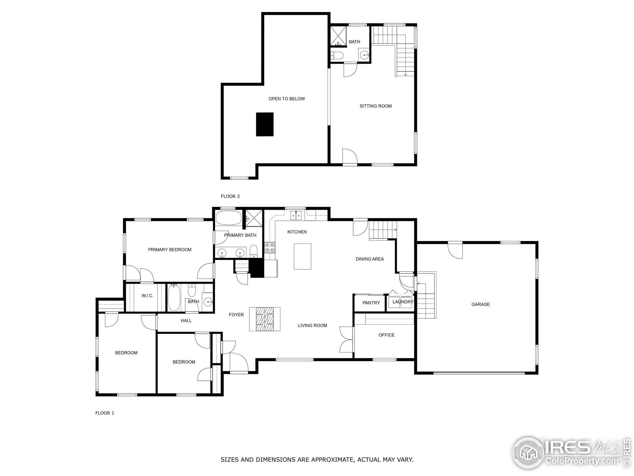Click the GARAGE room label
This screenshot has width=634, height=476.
pyautogui.click(x=480, y=304)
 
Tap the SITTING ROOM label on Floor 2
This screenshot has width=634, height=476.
pyautogui.click(x=375, y=106)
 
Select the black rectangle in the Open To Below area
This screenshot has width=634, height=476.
pyautogui.click(x=264, y=124)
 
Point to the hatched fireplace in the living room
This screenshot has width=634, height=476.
pyautogui.click(x=264, y=319)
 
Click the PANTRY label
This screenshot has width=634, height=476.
pyautogui.click(x=371, y=303)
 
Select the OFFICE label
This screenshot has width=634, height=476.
pyautogui.click(x=386, y=335)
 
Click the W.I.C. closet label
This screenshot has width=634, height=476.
pyautogui.click(x=147, y=296)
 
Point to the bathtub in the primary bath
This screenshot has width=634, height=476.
pyautogui.click(x=228, y=218)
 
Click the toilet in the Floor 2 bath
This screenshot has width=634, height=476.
pyautogui.click(x=337, y=55)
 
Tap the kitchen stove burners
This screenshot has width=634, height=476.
pyautogui.click(x=269, y=247)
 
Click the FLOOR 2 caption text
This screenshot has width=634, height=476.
pyautogui.click(x=230, y=196)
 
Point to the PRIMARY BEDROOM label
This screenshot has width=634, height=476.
pyautogui.click(x=170, y=250)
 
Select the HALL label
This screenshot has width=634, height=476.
pyautogui.click(x=186, y=321)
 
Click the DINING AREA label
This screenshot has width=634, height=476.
pyautogui.click(x=370, y=259)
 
